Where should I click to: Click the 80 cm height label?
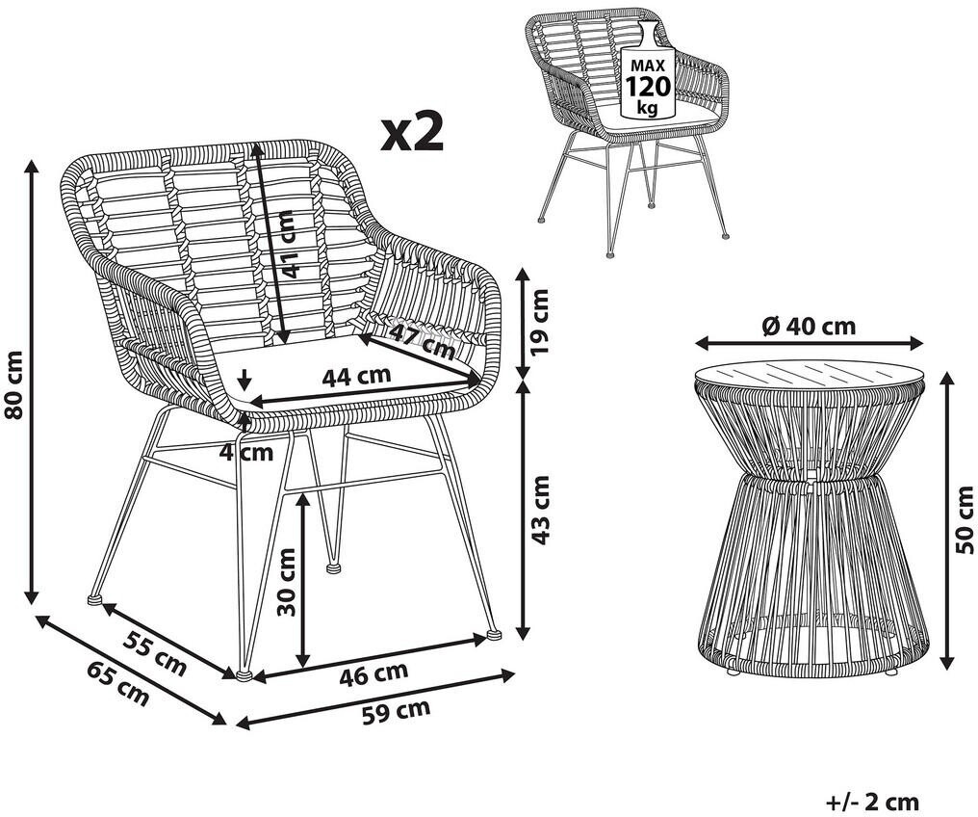13,384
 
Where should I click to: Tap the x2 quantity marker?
412,133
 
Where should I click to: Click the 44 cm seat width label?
356,377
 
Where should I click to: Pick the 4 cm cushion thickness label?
245,452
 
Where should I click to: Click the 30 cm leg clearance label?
286,582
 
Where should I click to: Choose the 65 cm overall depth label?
117,683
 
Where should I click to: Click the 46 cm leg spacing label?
373,672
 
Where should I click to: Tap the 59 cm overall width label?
396,711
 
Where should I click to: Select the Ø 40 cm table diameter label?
809,326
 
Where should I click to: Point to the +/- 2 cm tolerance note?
872,802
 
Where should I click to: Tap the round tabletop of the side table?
809,378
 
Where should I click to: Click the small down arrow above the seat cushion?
244,379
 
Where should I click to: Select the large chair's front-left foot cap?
244,674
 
